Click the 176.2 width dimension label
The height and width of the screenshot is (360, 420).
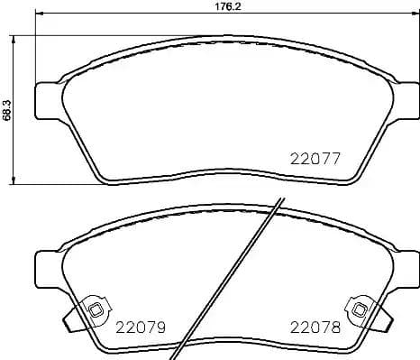pyautogui.click(x=208, y=6)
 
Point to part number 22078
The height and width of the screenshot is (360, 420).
pyautogui.click(x=315, y=329)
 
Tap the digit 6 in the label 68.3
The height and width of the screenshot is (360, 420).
pyautogui.click(x=6, y=119)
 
